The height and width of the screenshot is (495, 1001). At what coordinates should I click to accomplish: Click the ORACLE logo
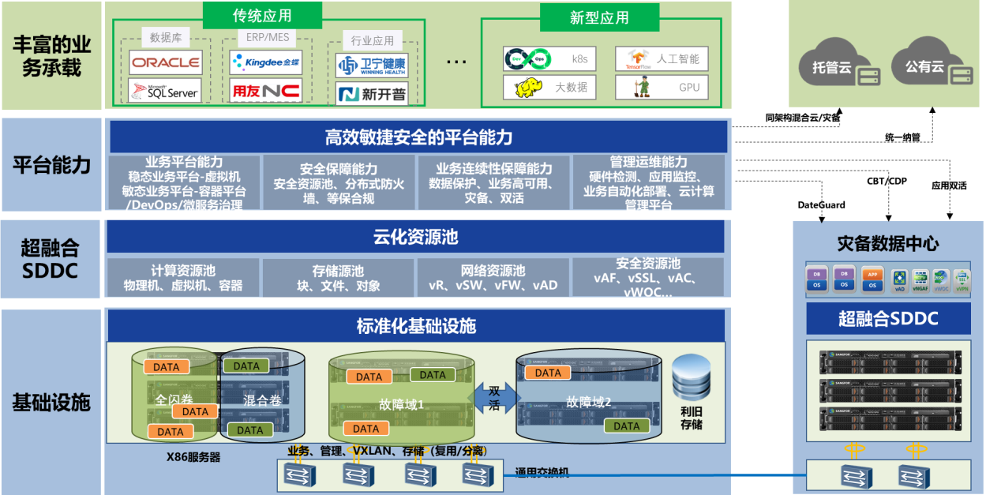pos(165,62)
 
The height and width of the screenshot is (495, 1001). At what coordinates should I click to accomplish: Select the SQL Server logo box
pos(165,91)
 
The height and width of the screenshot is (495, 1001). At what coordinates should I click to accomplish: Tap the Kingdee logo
pos(266,62)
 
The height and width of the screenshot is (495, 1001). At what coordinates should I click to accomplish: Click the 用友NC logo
pos(266,91)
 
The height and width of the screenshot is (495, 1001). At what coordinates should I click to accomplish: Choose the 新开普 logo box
pos(372,95)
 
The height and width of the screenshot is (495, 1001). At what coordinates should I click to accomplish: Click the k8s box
pos(549,59)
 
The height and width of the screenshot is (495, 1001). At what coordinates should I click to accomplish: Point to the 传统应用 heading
pos(262,16)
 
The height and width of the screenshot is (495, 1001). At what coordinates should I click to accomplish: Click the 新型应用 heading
pos(599,18)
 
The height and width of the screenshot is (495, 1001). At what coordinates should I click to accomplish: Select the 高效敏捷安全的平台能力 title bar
pos(418,137)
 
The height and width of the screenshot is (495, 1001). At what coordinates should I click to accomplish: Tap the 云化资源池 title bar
pos(415,237)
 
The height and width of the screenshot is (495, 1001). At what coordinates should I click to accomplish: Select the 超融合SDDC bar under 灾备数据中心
pos(888,319)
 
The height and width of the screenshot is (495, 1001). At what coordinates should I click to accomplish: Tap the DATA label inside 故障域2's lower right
pos(627,426)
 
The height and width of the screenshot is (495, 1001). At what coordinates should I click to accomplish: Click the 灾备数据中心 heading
pos(888,243)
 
